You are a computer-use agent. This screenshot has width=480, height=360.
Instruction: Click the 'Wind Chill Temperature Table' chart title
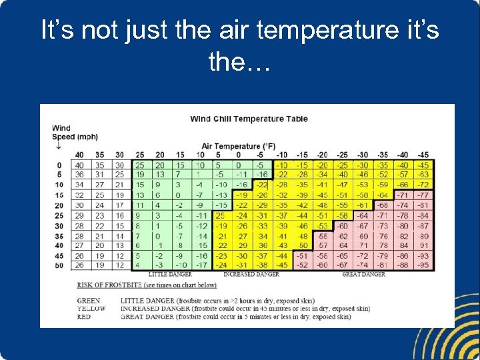click(249, 119)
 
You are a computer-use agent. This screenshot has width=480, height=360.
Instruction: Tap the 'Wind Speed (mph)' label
click(74, 133)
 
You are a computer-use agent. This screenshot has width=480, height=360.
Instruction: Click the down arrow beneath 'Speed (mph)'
click(59, 146)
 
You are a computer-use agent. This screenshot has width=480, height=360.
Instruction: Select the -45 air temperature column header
click(423, 155)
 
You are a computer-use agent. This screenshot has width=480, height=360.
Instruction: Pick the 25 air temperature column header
click(140, 155)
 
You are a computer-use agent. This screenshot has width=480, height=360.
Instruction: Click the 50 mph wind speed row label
click(59, 265)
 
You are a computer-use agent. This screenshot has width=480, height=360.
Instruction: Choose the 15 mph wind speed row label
click(59, 195)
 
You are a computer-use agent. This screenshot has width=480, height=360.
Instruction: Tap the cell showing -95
click(423, 265)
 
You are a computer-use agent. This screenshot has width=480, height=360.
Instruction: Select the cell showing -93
click(423, 255)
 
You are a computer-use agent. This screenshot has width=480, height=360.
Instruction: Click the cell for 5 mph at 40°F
click(79, 175)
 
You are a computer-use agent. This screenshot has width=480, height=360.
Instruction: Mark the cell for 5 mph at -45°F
click(423, 175)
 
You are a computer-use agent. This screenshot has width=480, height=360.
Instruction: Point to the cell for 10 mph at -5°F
click(262, 185)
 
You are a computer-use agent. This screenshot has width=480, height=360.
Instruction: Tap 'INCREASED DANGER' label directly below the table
click(251, 274)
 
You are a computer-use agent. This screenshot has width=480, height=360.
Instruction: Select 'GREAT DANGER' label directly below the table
click(364, 274)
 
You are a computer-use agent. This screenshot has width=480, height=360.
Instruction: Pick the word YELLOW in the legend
click(92, 309)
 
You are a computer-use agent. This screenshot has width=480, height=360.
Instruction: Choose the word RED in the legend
click(84, 317)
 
